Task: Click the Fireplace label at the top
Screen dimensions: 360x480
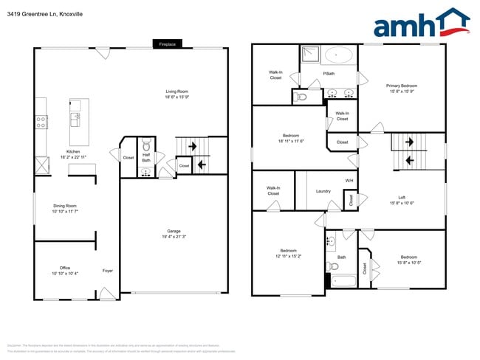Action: click(167, 44)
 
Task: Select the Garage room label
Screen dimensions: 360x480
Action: click(174, 233)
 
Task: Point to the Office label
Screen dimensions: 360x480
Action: click(65, 268)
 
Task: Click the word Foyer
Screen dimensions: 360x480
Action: click(108, 271)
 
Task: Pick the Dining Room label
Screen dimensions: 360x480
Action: click(65, 208)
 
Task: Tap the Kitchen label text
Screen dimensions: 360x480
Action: click(73, 152)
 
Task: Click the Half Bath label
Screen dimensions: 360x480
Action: click(146, 157)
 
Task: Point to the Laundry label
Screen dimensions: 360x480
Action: click(323, 191)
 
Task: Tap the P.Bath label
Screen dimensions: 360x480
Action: click(329, 73)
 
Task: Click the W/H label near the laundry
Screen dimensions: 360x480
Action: click(349, 181)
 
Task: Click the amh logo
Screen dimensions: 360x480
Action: click(421, 24)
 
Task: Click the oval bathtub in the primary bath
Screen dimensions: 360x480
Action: click(339, 55)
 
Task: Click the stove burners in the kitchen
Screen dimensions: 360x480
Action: click(41, 120)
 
